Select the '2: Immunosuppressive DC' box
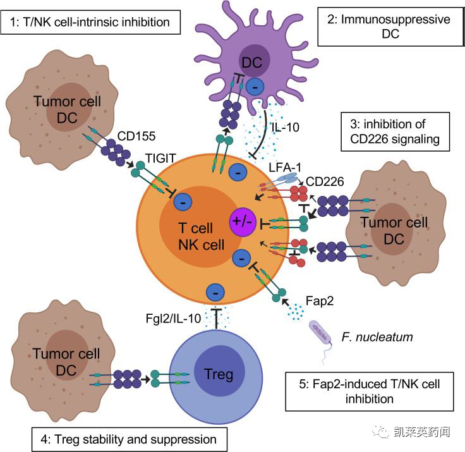click(387, 27)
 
